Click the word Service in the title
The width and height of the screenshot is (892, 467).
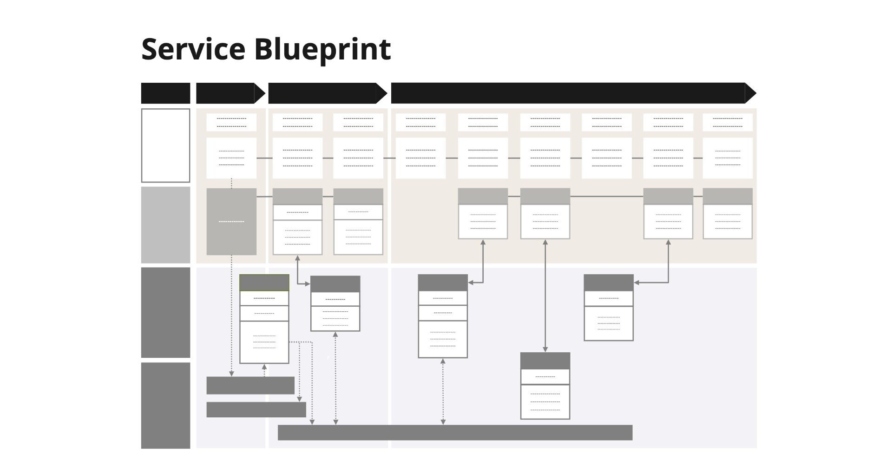[x=193, y=49]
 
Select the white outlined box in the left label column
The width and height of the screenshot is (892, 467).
[x=165, y=145]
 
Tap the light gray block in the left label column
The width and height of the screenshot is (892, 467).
[x=165, y=225]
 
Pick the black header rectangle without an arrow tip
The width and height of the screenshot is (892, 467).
[x=165, y=93]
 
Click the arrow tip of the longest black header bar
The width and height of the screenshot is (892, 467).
[x=750, y=93]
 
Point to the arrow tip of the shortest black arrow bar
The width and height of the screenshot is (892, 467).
[x=259, y=93]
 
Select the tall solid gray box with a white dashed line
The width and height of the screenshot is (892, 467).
[x=231, y=222]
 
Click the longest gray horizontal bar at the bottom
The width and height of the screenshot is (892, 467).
[x=455, y=432]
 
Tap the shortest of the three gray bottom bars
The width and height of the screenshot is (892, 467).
[x=250, y=385]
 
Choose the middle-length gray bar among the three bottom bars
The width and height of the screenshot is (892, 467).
[x=256, y=409]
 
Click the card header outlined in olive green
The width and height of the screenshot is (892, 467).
[x=264, y=283]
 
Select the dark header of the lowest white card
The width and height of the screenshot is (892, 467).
[x=545, y=361]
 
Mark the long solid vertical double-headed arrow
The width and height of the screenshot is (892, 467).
[x=545, y=296]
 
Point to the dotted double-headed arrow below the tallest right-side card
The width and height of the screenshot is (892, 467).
[x=443, y=391]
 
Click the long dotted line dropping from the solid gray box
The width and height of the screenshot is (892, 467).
[x=231, y=316]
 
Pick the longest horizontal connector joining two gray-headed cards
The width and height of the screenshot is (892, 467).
[x=606, y=197]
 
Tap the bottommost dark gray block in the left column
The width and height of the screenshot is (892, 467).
[x=165, y=405]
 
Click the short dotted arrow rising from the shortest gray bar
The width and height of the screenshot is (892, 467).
[x=264, y=370]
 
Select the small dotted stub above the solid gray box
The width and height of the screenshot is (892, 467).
[x=231, y=183]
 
